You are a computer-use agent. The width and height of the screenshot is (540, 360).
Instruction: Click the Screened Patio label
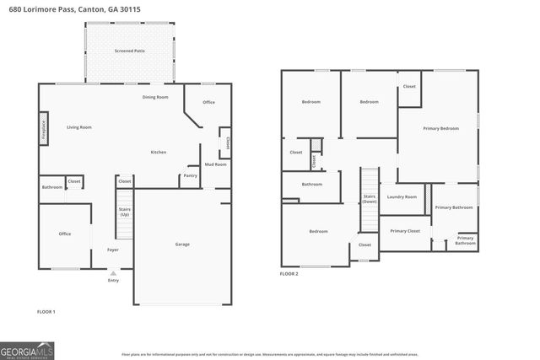[129, 51]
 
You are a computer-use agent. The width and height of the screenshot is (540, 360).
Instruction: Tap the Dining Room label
[155, 97]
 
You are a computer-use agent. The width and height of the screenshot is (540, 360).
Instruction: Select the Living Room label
[79, 127]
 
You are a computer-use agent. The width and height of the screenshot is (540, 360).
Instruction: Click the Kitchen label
[158, 152]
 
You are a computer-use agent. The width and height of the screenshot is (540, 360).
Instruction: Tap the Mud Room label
[215, 164]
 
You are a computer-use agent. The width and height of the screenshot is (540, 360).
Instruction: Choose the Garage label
[182, 244]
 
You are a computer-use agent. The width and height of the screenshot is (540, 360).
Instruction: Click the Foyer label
[112, 250]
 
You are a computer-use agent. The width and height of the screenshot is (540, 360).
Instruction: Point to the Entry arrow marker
[113, 273]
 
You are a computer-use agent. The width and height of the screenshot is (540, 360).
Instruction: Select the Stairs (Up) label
[125, 211]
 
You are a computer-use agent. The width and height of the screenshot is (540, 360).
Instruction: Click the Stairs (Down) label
[370, 200]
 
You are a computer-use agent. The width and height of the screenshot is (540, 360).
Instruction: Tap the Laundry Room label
[402, 196]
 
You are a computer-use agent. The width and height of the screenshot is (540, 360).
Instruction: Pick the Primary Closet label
[405, 230]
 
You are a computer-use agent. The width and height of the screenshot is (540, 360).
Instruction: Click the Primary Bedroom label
[440, 128]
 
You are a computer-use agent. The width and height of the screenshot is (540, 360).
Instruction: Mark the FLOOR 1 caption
[46, 311]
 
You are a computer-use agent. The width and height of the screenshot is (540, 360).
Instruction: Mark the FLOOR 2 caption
[290, 274]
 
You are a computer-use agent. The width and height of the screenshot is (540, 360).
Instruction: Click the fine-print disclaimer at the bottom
[270, 355]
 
